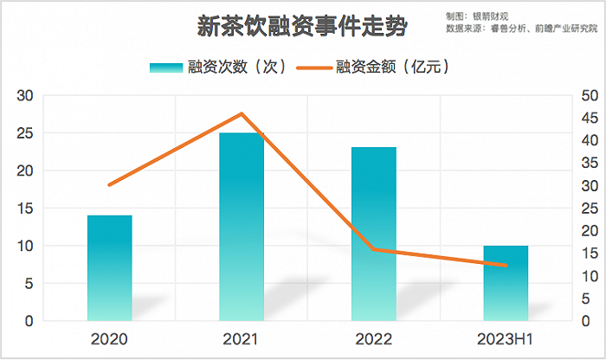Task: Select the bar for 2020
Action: coord(110,268)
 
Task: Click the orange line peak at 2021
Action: coord(242,113)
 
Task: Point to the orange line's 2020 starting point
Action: coord(110,184)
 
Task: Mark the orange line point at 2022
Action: coord(374,249)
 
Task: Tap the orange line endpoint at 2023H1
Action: coord(506,265)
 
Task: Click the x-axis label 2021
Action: coord(242,338)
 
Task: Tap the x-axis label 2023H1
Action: coord(506,338)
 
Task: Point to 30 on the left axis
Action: coord(26,95)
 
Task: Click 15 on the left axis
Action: coord(26,209)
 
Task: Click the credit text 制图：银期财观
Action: coord(477,16)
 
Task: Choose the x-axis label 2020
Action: coord(110,338)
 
